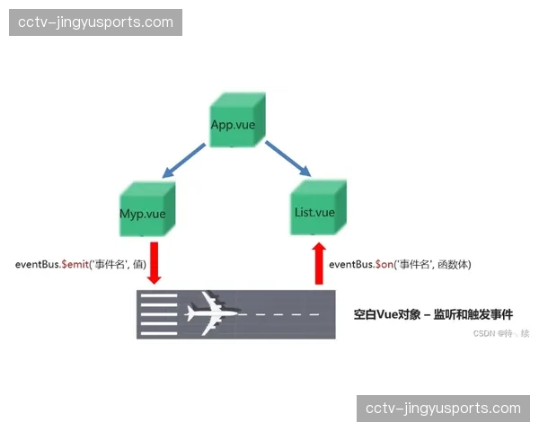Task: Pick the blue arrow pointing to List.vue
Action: [x=287, y=158]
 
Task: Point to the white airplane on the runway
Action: [x=212, y=314]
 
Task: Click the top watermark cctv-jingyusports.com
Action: [x=97, y=22]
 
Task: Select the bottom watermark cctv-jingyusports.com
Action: [x=443, y=408]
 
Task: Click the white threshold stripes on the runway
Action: [x=159, y=314]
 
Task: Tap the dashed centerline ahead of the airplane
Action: [x=286, y=314]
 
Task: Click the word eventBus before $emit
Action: [x=36, y=264]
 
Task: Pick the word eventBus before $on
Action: [x=351, y=265]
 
